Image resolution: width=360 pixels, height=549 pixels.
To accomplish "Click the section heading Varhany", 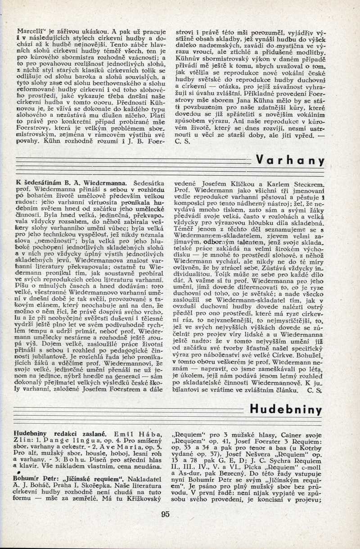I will pos(291,161).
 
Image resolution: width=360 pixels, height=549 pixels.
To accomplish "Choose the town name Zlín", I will pos(22,440).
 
